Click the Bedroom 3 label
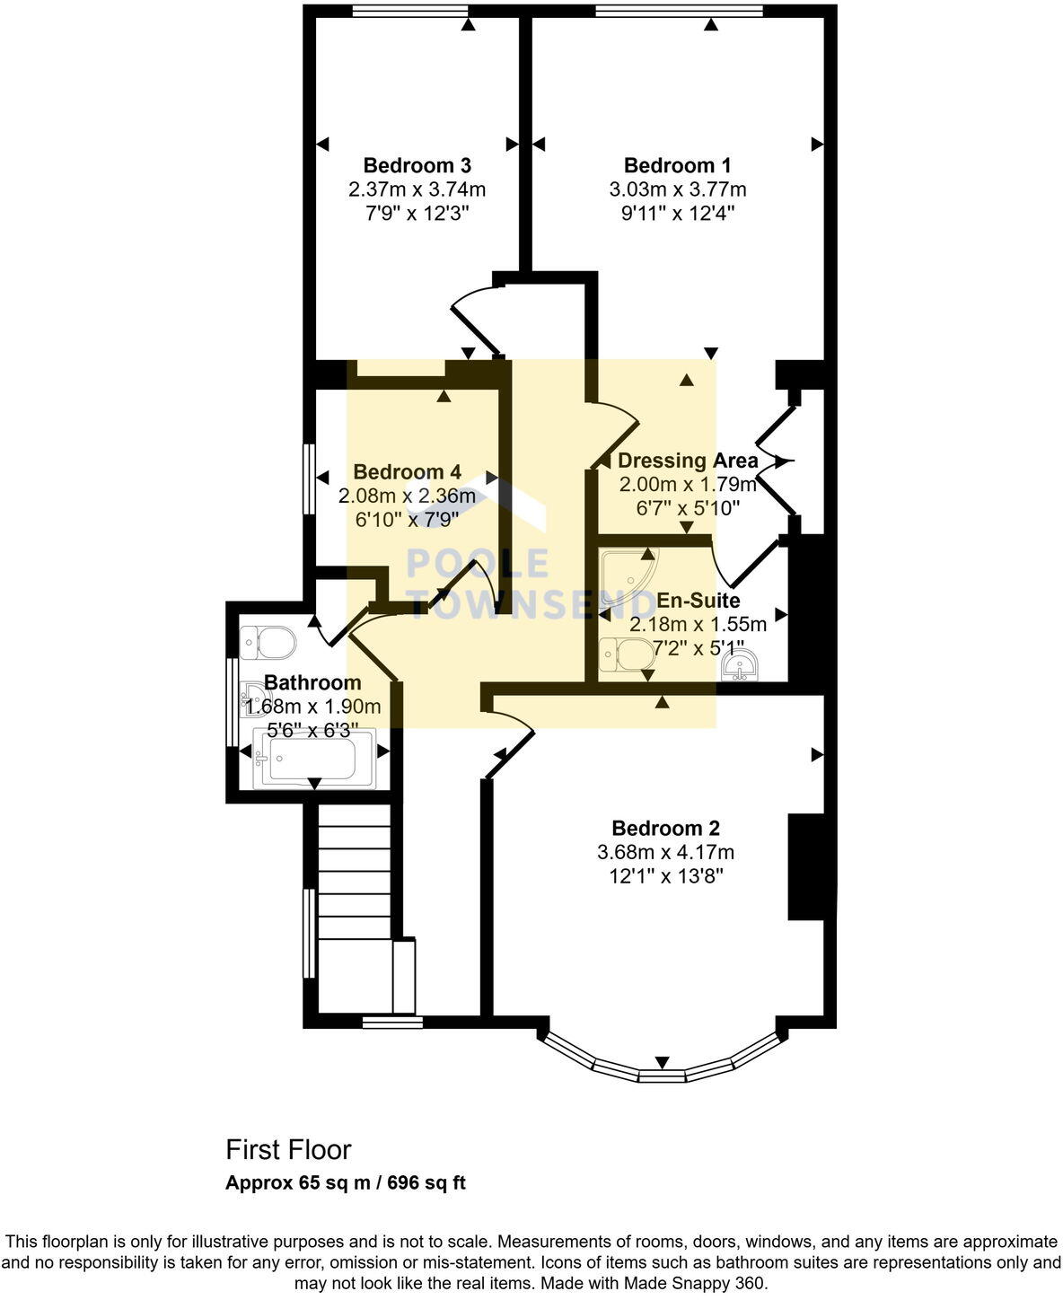(417, 165)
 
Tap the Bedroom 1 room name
(677, 165)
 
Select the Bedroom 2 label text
(665, 828)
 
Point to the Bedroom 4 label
(407, 472)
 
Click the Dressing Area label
(688, 461)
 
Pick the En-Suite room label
(698, 600)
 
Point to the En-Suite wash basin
(740, 666)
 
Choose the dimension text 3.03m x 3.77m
(677, 189)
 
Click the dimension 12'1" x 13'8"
(665, 875)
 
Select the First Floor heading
(288, 1150)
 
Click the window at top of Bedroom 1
(679, 12)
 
